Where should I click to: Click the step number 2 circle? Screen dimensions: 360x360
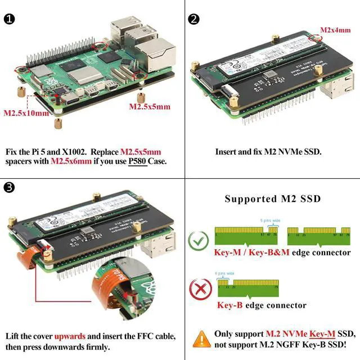tap(193, 19)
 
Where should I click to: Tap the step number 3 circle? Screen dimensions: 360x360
tap(10, 187)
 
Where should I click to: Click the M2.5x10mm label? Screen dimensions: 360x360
tap(26, 112)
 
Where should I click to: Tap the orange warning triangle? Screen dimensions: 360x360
tap(201, 339)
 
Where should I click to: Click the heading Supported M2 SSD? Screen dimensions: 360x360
tap(272, 199)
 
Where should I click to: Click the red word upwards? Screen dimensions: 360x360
tap(71, 336)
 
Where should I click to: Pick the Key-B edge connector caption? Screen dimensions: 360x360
tap(262, 305)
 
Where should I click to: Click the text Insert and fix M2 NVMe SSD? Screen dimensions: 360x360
tap(268, 152)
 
